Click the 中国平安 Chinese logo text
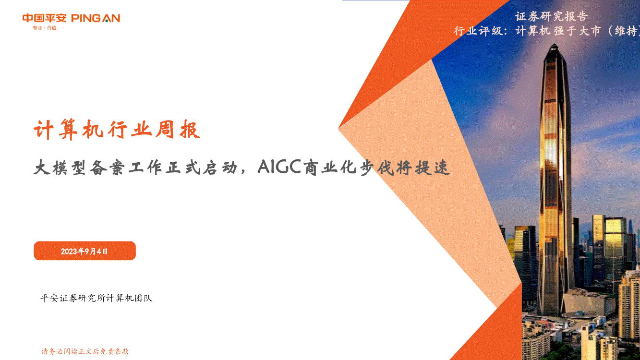point(44,18)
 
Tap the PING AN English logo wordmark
point(96,18)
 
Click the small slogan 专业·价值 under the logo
point(45,28)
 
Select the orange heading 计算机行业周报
point(117,130)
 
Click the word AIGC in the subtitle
point(279,167)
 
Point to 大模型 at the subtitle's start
point(60,167)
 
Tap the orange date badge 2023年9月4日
point(85,251)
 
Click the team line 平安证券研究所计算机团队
point(97,298)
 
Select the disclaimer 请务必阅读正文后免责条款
point(85,351)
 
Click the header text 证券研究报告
point(551,17)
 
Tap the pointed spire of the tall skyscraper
point(555,45)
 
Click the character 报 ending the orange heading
point(190,130)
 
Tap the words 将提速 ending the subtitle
point(423,168)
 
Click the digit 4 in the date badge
point(99,252)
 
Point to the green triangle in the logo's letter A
point(106,20)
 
